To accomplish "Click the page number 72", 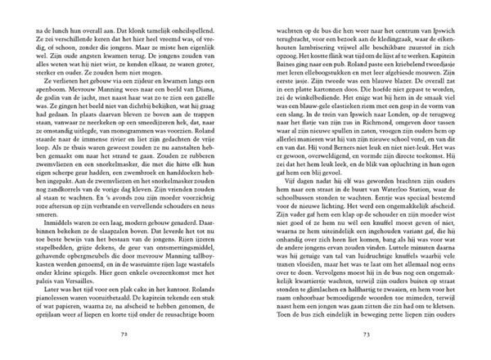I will click(124, 334).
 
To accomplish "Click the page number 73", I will click(366, 334).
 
